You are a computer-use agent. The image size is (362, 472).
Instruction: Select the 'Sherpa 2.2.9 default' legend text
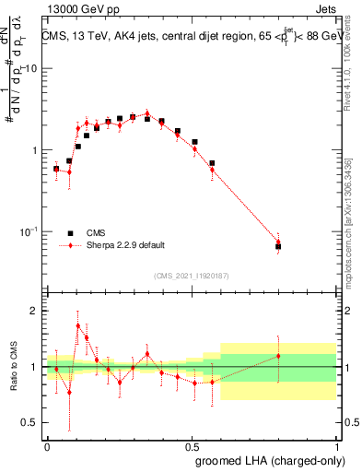point(126,245)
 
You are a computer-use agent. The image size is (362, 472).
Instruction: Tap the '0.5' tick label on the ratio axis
point(30,423)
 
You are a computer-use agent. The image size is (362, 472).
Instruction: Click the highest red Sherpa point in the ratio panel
point(78,325)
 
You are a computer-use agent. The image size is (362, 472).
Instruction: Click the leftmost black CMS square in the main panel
point(56,169)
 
